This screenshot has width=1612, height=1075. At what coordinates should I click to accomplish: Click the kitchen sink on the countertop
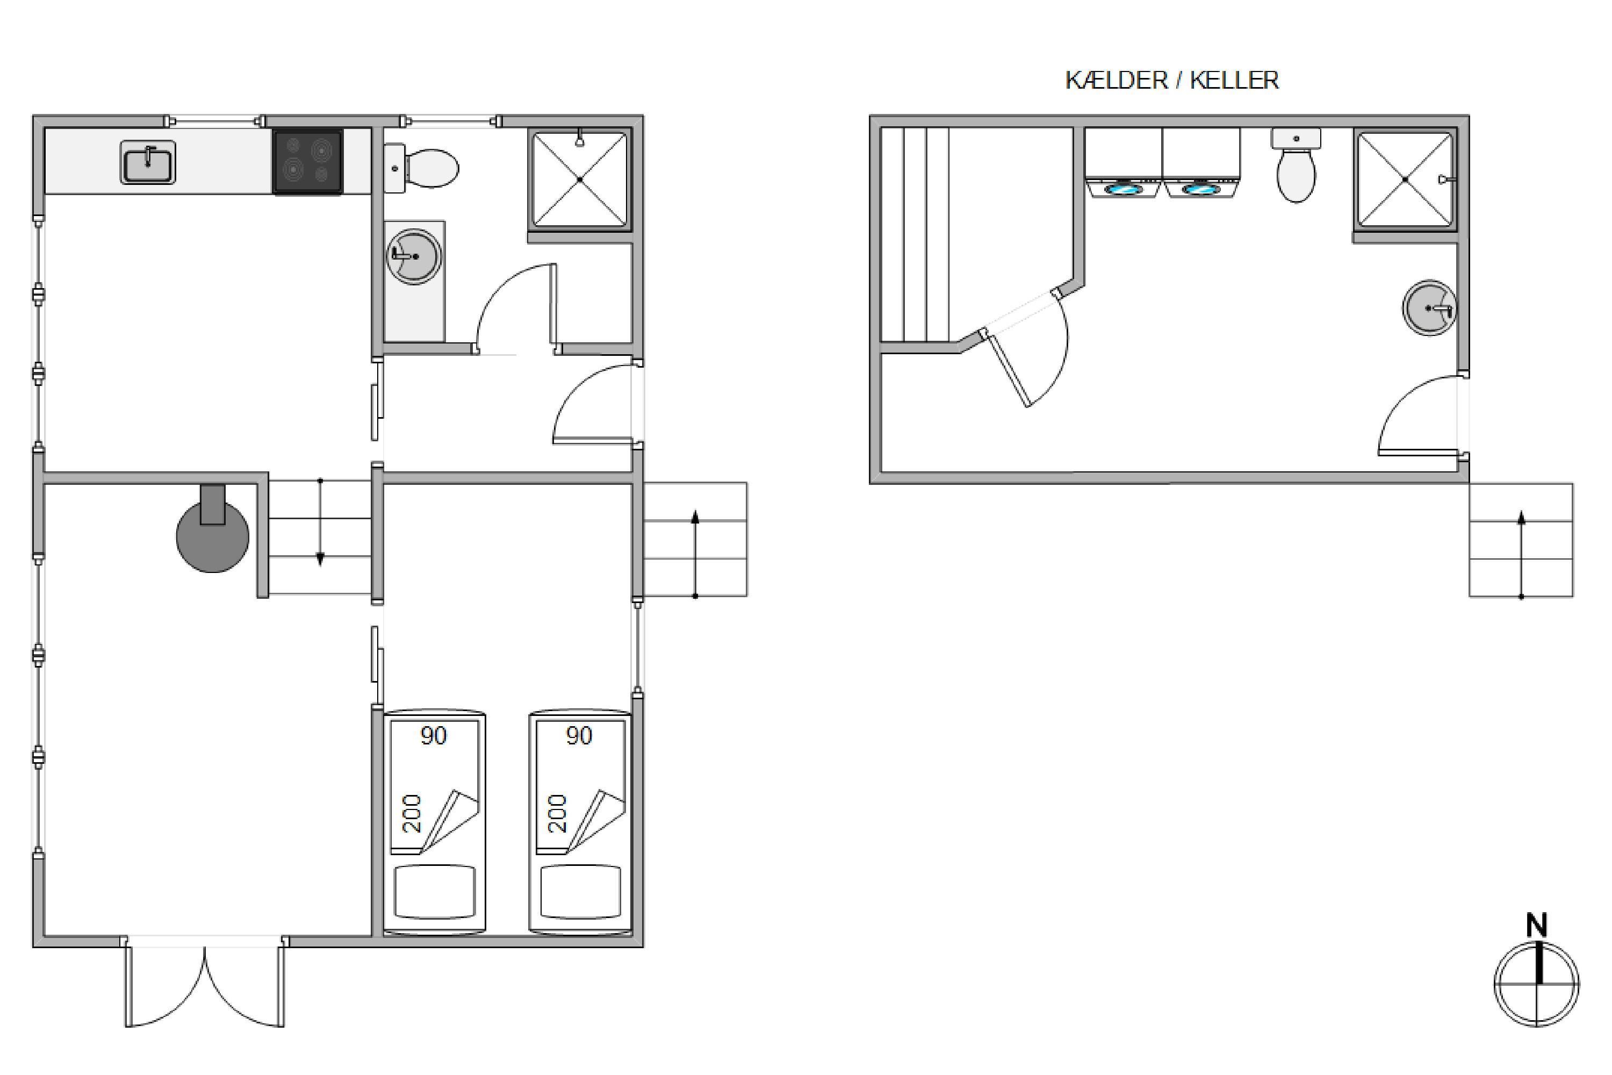tap(148, 162)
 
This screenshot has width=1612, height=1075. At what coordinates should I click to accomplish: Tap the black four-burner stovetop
tap(308, 162)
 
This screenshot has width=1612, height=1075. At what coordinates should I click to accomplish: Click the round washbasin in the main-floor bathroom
tap(414, 256)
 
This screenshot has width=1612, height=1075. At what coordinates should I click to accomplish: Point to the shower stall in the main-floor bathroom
tap(580, 179)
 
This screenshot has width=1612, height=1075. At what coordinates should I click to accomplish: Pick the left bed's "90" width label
tap(433, 736)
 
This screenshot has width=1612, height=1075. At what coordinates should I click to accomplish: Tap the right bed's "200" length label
tap(558, 813)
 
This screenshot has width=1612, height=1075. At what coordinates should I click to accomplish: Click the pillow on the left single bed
tap(435, 891)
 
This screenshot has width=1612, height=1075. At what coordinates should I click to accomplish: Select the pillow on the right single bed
tap(580, 891)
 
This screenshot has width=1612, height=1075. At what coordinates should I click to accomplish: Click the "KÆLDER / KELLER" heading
tap(1172, 80)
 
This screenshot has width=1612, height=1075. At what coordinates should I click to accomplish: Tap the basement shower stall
tap(1405, 179)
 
